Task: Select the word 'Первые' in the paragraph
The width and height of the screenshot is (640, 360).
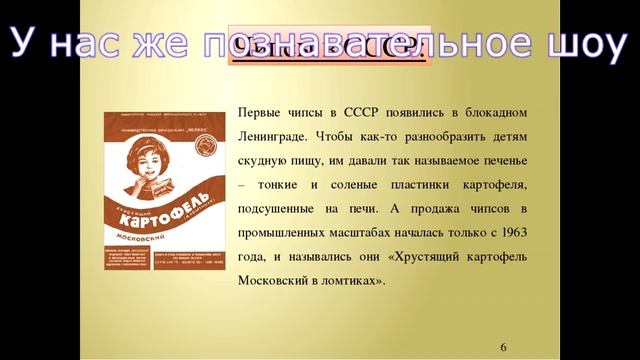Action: (261, 111)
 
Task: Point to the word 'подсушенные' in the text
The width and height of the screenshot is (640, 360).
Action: (282, 207)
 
